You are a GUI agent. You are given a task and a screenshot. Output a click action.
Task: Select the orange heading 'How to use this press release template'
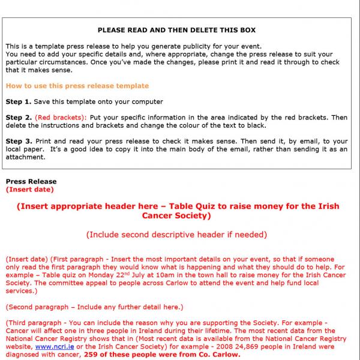pyautogui.click(x=77, y=86)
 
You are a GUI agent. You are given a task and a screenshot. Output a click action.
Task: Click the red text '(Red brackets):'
pyautogui.click(x=61, y=117)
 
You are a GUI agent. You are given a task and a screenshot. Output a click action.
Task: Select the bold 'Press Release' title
pyautogui.click(x=31, y=182)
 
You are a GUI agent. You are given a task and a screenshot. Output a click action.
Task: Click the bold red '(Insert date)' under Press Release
pyautogui.click(x=29, y=189)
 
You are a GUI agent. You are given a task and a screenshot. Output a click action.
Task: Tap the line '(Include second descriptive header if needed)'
pyautogui.click(x=176, y=235)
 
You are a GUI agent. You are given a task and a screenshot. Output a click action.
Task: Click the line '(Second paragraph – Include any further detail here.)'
pyautogui.click(x=94, y=307)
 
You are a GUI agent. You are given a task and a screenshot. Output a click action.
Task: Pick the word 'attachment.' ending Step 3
pyautogui.click(x=26, y=157)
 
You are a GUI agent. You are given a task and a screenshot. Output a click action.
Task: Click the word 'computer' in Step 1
pyautogui.click(x=148, y=101)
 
